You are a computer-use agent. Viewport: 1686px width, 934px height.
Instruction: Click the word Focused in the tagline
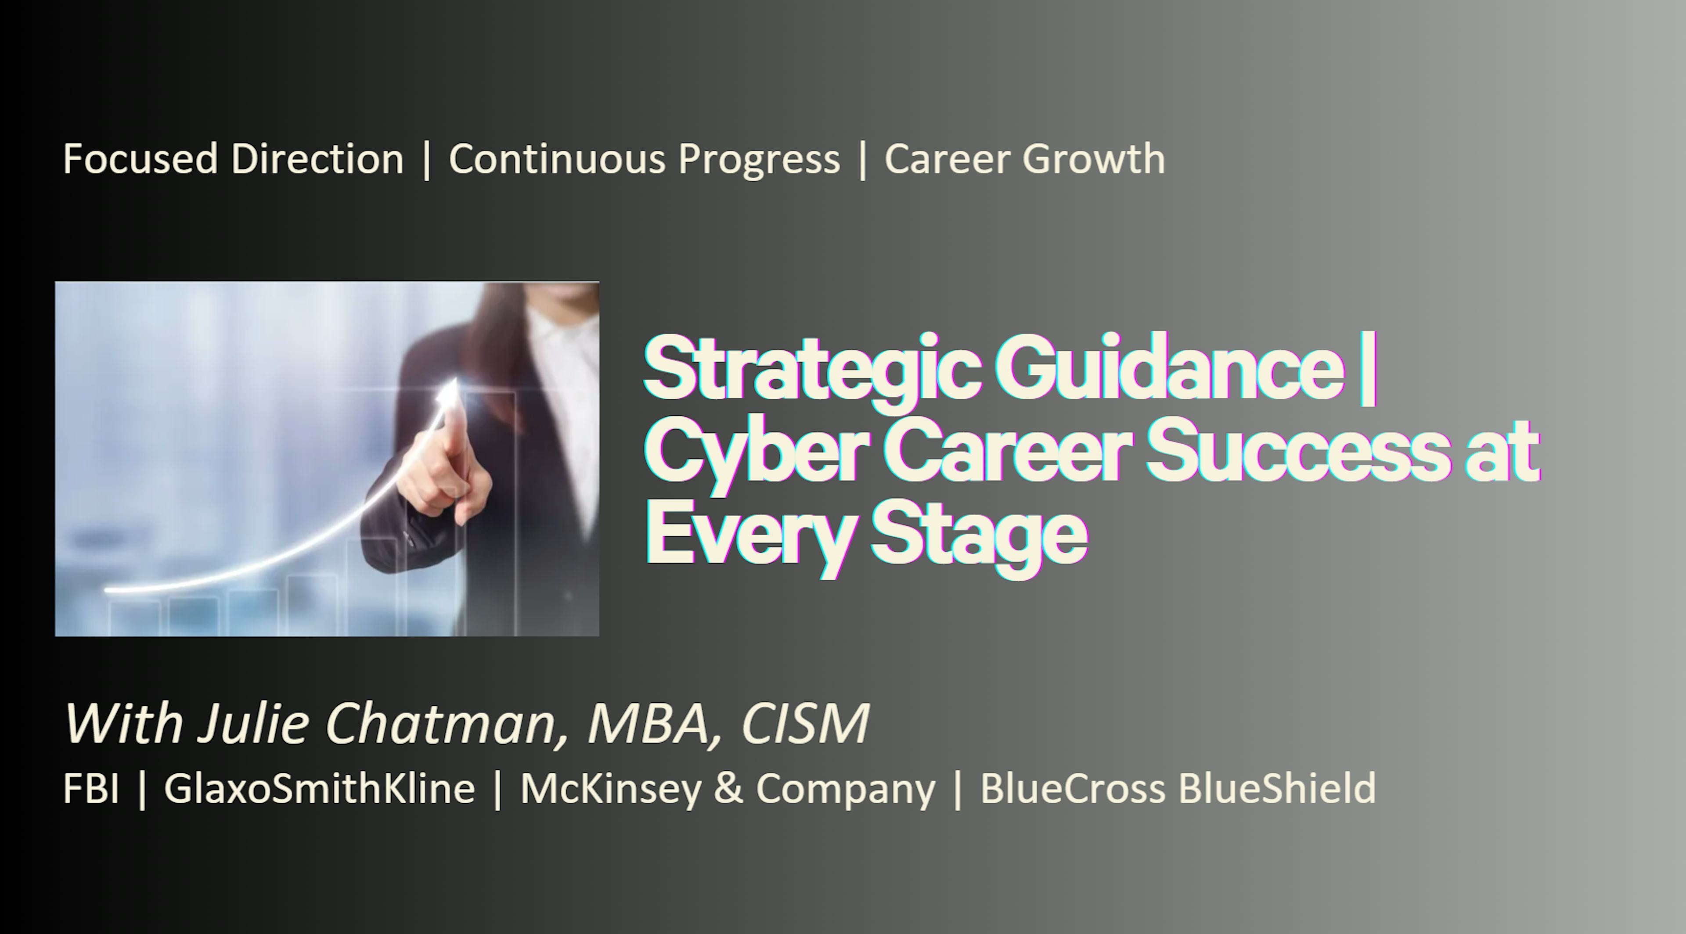(x=140, y=159)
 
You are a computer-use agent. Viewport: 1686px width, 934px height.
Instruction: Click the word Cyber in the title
(x=759, y=455)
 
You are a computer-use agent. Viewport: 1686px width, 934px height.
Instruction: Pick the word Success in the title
(x=1296, y=451)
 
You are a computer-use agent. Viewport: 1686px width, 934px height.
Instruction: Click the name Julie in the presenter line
(x=253, y=723)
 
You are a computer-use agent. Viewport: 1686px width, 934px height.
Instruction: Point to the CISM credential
(x=806, y=723)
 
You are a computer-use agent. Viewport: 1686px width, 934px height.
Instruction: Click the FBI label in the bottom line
(x=91, y=788)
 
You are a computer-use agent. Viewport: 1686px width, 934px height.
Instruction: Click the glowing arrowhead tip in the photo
(x=453, y=379)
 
